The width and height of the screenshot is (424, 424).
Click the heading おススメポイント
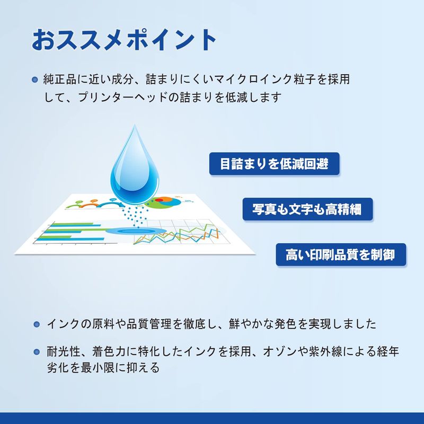point(124,40)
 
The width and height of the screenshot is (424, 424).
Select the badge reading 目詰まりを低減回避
point(274,164)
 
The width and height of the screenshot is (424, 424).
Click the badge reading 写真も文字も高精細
point(307,209)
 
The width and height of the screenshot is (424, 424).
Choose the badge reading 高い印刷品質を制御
point(341,254)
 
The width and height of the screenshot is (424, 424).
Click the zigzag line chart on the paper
point(176,234)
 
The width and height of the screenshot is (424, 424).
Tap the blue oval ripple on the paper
point(136,231)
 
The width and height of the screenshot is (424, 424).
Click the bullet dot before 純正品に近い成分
point(34,80)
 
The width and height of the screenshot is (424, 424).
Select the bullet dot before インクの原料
point(37,324)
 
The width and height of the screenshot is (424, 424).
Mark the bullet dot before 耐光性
point(37,352)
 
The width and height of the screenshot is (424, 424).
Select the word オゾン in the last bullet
point(280,351)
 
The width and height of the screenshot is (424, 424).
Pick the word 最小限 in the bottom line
point(98,368)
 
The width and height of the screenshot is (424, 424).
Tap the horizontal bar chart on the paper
point(72,232)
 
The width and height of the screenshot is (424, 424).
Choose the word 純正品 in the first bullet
point(60,79)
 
